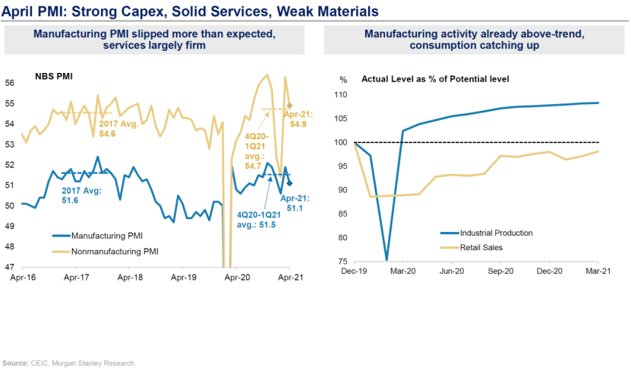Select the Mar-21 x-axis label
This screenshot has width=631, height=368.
pyautogui.click(x=598, y=271)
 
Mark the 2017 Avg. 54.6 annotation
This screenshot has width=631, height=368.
pyautogui.click(x=102, y=128)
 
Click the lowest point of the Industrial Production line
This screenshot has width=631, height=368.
pyautogui.click(x=386, y=260)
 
